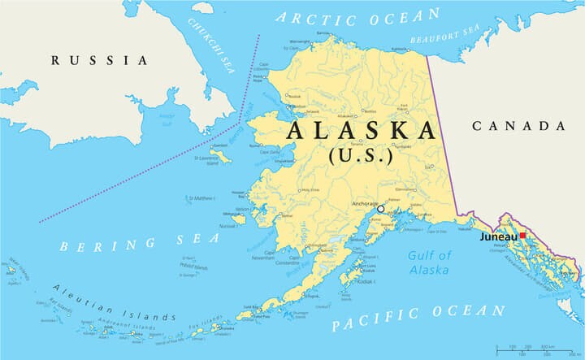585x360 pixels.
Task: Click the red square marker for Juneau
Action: click(523, 236)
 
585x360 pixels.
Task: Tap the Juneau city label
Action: click(497, 236)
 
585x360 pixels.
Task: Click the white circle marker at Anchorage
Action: click(380, 209)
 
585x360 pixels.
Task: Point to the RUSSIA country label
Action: click(99, 60)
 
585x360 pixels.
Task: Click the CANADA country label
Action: click(518, 125)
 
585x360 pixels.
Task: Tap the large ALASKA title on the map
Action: click(361, 130)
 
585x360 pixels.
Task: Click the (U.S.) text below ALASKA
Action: click(361, 154)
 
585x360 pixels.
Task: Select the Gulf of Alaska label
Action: click(429, 262)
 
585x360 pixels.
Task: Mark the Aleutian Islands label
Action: click(114, 302)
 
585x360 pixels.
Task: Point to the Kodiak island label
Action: click(368, 281)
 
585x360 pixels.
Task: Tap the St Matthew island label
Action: click(201, 198)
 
